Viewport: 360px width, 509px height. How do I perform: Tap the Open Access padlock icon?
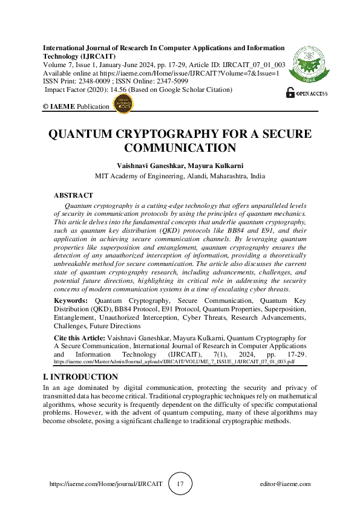click(289, 92)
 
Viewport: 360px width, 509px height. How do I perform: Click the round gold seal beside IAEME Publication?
click(123, 104)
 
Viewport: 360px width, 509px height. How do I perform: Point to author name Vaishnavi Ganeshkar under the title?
click(148, 166)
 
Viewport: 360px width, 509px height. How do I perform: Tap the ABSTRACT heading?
click(73, 195)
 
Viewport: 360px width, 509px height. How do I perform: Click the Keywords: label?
click(70, 300)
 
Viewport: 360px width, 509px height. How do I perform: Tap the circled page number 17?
click(180, 484)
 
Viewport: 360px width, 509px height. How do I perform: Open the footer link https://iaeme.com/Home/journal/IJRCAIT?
click(106, 484)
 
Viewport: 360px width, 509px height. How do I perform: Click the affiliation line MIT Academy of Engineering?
click(180, 177)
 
